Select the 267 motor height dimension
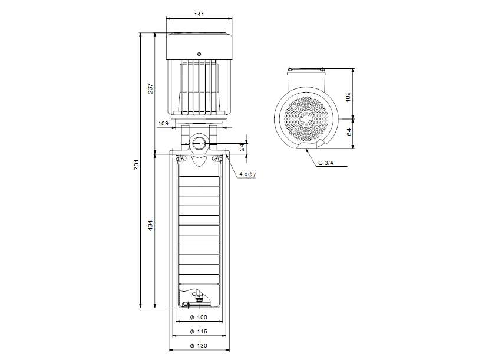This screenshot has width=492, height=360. [x=151, y=88]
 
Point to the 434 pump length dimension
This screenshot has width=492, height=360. [x=151, y=226]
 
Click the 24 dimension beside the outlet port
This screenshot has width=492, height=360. [x=242, y=147]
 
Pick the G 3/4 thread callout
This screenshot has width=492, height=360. [x=325, y=163]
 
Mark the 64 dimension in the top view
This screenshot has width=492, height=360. [x=349, y=133]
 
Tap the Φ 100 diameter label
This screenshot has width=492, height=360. [x=199, y=318]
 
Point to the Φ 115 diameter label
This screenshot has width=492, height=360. [x=199, y=332]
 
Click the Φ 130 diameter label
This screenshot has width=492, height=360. [x=199, y=346]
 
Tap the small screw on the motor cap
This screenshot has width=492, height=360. [x=199, y=54]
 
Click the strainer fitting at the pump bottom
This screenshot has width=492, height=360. [x=196, y=299]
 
